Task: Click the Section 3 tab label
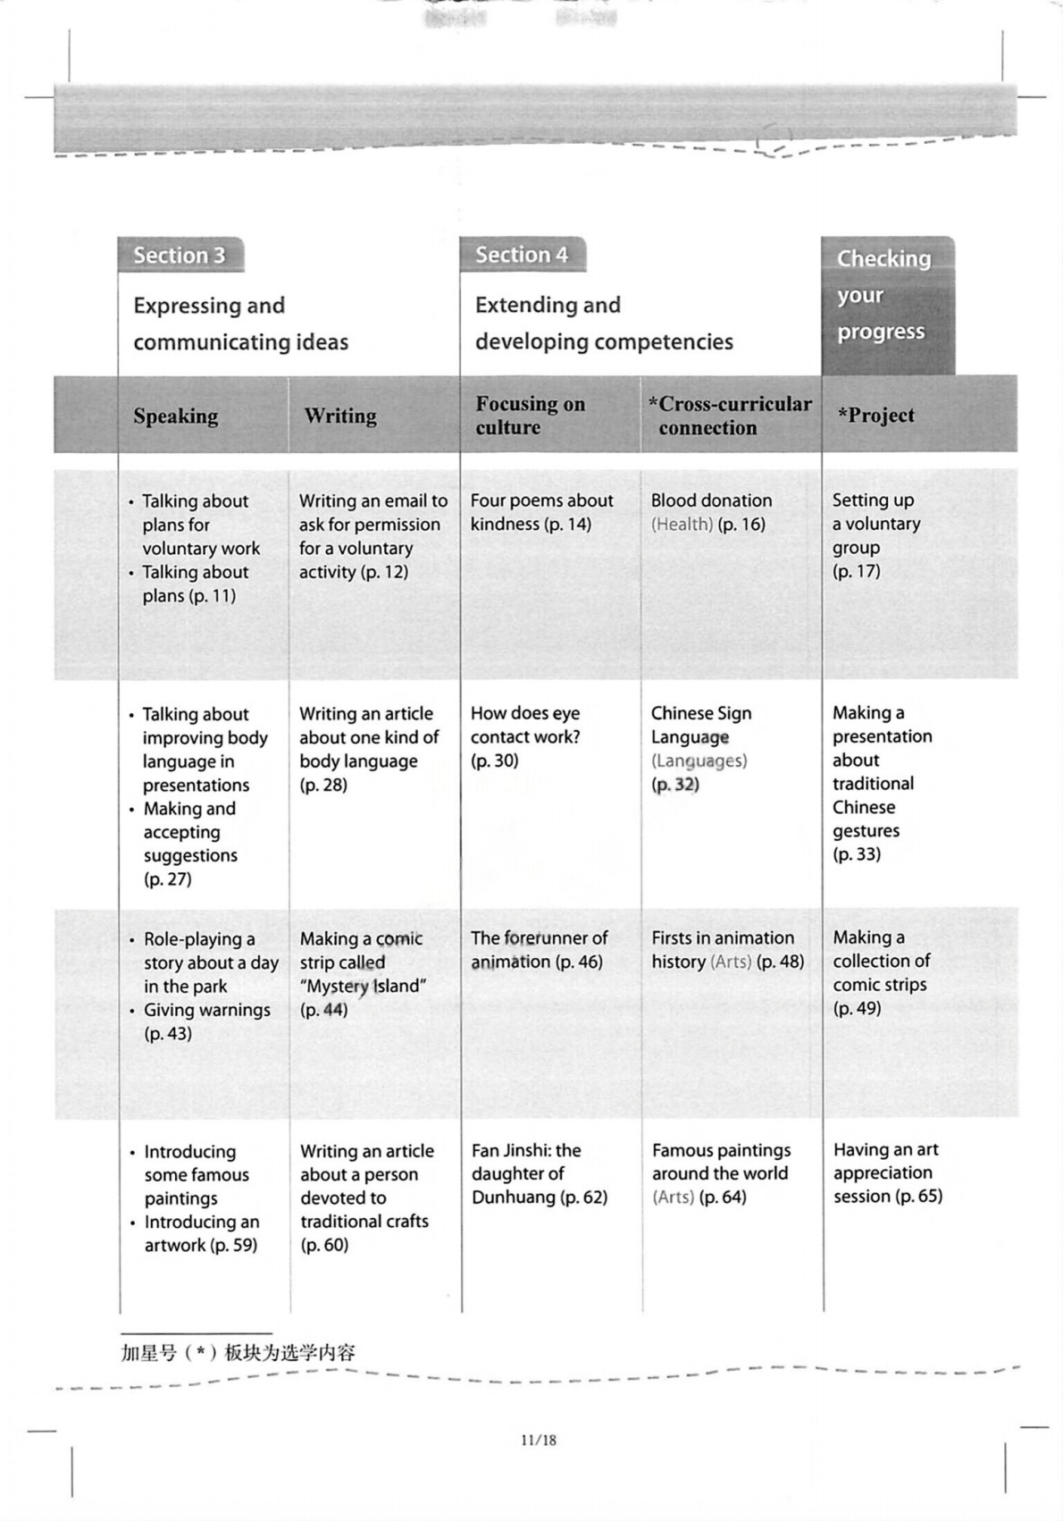(180, 256)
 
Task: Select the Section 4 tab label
(522, 255)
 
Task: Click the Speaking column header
(176, 416)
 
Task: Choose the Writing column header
(340, 416)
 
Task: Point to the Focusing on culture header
(531, 416)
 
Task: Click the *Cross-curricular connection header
(730, 416)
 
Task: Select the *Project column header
(876, 416)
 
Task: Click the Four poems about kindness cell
(541, 512)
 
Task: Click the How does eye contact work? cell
(525, 736)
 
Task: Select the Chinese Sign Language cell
(701, 748)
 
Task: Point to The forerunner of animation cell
(539, 949)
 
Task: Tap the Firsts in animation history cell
(727, 949)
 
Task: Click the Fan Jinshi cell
(539, 1173)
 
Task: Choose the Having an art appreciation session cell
(887, 1172)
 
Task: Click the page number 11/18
(538, 1441)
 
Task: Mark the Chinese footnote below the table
(238, 1353)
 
